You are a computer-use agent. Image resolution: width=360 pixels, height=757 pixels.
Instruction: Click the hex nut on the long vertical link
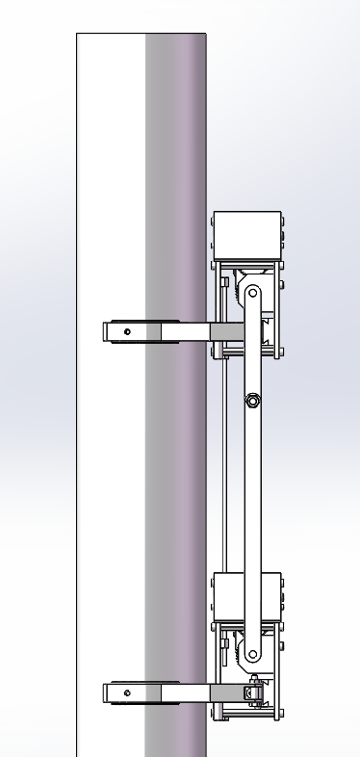point(251,400)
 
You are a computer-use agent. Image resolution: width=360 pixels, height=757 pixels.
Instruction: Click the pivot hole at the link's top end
point(253,292)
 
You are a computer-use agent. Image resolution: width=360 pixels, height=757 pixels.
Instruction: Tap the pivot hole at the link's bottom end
point(253,655)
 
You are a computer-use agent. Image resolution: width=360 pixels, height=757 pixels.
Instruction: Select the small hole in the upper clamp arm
point(127,332)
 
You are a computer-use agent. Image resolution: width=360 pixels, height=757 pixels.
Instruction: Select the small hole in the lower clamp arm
point(127,692)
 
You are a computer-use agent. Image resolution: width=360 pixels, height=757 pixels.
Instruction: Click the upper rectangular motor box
point(246,235)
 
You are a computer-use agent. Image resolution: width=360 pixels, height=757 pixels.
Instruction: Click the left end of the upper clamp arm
point(108,332)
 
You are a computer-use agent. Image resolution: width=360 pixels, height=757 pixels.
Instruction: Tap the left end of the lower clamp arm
point(108,692)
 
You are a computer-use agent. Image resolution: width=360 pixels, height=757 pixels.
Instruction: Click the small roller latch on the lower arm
point(254,691)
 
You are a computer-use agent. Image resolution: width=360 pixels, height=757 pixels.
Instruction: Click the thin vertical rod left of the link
point(224,462)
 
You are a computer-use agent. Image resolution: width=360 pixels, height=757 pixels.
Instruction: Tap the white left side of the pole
point(111,193)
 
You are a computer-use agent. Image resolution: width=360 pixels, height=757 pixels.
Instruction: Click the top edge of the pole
point(141,35)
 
